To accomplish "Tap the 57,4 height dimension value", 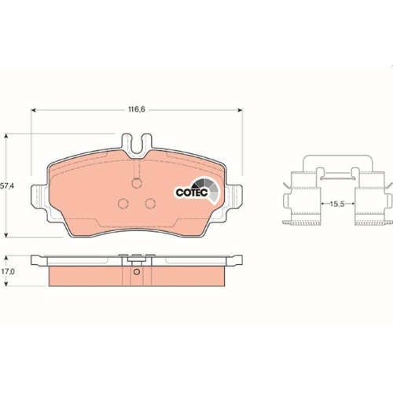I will (7, 186).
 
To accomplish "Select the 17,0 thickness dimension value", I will (8, 271).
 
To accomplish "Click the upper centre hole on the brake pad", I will (137, 185).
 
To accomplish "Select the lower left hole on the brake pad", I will (123, 204).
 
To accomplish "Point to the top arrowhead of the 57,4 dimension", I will (8, 137).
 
